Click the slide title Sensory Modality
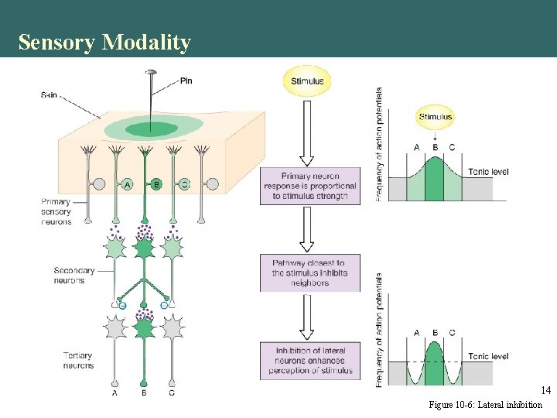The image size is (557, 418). point(104,42)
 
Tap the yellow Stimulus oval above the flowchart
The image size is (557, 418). point(307,81)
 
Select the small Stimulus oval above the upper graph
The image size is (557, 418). point(436,117)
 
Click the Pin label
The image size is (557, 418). point(186,81)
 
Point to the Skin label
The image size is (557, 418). point(49,95)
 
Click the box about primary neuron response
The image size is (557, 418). point(309,186)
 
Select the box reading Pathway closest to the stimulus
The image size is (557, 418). point(309,272)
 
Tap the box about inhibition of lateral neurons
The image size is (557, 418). point(309,361)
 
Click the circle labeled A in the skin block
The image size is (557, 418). point(127,184)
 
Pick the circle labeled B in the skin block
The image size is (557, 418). point(155,184)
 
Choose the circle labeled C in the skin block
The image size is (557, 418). point(184,184)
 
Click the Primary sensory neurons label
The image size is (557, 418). point(56,212)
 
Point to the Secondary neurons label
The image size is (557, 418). point(74,276)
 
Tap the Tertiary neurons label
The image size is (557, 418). point(77,361)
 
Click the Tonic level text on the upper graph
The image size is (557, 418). point(488,172)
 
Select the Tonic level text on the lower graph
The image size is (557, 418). point(488,356)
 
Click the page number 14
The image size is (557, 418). point(545,391)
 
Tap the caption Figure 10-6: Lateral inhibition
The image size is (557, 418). point(485,406)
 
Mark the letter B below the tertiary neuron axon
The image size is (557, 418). point(144,392)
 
